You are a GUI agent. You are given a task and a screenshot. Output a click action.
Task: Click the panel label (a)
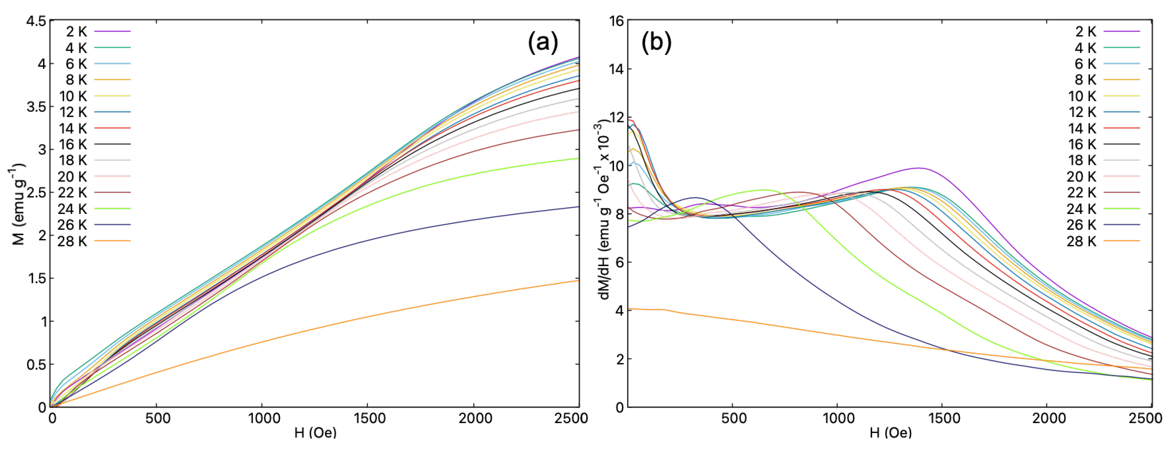(542, 43)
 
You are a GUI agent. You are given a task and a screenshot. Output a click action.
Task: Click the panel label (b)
(656, 43)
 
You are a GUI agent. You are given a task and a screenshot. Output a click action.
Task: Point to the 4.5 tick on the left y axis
(36, 21)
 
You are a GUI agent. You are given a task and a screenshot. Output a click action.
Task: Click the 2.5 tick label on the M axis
(36, 192)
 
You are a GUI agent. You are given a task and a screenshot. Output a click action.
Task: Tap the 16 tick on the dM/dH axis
(617, 21)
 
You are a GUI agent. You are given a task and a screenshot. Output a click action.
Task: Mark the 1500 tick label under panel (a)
(369, 418)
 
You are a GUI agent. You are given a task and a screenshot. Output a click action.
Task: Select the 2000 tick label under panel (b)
(1049, 418)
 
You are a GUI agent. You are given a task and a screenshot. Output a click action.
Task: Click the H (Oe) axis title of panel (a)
(315, 432)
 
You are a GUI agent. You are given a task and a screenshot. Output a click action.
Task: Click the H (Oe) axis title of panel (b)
(890, 432)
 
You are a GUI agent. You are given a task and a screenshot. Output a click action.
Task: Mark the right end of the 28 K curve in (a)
(578, 280)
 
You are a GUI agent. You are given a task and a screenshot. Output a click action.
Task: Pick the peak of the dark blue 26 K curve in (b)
(695, 197)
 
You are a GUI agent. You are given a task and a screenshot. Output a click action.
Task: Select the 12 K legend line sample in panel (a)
(113, 112)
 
